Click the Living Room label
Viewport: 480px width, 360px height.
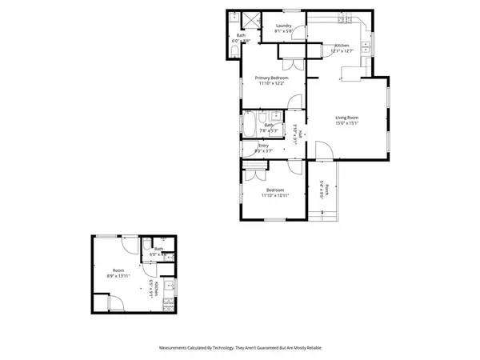(x=346, y=117)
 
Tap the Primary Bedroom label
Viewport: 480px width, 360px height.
(x=270, y=77)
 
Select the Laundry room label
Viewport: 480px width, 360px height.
(x=283, y=26)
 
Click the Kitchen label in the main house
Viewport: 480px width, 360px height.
(x=342, y=46)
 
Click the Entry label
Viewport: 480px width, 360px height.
(x=262, y=146)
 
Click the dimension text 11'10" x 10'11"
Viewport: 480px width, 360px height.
(x=274, y=195)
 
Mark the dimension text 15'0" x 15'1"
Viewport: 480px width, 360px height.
(x=346, y=123)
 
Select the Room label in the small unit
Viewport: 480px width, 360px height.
(x=118, y=270)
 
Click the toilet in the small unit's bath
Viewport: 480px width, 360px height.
(x=149, y=244)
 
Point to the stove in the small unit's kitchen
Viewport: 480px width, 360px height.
(x=166, y=305)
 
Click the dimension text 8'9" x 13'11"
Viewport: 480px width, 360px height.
(x=118, y=276)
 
